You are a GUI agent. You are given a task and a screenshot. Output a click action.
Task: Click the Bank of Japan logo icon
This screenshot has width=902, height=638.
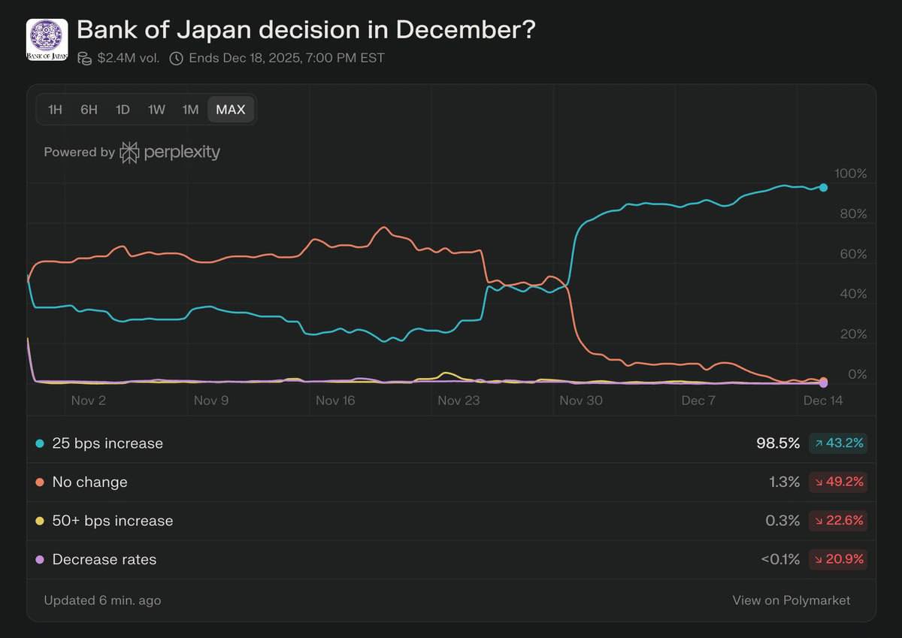click(47, 40)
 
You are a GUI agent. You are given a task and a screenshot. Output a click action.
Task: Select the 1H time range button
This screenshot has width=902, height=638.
click(55, 110)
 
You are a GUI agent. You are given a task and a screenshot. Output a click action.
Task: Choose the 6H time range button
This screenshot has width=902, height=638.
click(89, 110)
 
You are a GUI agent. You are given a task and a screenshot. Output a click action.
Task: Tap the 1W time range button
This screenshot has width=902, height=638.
click(156, 110)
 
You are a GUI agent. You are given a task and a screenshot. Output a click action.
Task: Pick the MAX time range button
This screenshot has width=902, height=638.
click(230, 110)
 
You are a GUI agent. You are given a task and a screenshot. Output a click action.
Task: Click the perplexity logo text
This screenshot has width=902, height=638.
click(182, 152)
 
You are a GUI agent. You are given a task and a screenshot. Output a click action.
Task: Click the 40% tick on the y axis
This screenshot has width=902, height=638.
click(853, 294)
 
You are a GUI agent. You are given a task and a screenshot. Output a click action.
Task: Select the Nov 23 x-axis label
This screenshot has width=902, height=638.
click(459, 401)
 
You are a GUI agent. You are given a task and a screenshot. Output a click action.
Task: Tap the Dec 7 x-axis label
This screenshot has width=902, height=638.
click(698, 401)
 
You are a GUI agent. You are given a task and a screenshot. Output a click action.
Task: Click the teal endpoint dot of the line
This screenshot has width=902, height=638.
click(824, 187)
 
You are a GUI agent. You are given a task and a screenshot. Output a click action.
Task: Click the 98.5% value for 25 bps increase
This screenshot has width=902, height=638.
click(778, 443)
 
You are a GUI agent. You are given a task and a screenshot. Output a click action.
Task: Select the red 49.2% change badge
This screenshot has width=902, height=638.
click(838, 482)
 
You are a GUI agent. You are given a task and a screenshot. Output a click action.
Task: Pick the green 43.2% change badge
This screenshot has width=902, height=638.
click(838, 443)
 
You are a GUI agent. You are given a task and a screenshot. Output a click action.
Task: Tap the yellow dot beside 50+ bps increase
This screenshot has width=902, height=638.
click(40, 522)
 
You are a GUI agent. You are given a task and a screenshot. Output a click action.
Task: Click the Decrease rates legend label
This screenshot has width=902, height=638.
click(104, 560)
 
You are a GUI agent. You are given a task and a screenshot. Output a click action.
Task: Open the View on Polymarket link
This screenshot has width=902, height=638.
click(792, 600)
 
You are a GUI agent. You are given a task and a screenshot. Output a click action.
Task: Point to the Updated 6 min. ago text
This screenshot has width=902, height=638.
click(102, 600)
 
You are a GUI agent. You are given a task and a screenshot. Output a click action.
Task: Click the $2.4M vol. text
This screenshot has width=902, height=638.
click(128, 58)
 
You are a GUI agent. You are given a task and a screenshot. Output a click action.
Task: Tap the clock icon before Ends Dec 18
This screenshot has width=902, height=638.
click(177, 58)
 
